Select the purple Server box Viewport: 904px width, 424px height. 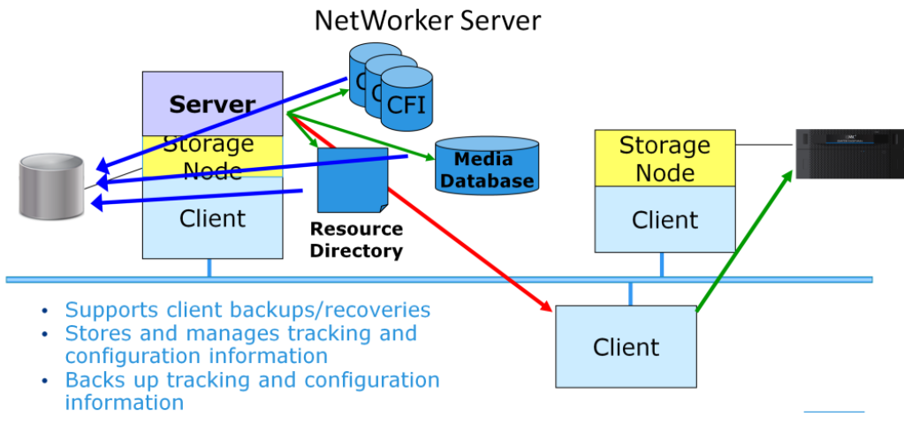point(212,103)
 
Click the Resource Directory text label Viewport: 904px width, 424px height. point(356,239)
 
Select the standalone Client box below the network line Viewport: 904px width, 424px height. point(626,347)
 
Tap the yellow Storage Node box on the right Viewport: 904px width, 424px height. point(665,158)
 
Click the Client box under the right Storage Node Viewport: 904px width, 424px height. point(665,219)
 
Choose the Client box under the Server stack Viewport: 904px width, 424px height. point(212,218)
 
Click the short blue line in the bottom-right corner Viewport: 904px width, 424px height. point(833,412)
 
